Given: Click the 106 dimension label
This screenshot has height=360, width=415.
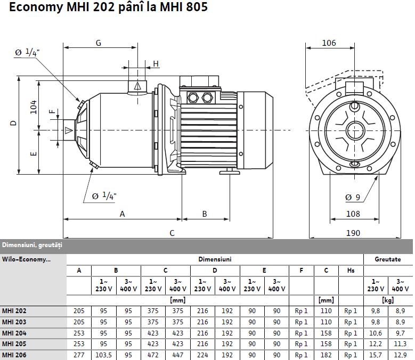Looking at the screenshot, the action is (329, 43).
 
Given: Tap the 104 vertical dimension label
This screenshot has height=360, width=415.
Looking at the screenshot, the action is (34, 107).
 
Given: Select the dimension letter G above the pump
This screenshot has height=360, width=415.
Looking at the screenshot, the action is (99, 43).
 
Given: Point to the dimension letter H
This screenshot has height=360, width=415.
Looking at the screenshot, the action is (156, 64).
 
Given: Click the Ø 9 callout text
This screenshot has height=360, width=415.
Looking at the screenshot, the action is (353, 198).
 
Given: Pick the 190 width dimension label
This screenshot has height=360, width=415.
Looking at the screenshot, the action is (353, 233).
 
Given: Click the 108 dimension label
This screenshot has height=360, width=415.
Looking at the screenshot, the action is (353, 214).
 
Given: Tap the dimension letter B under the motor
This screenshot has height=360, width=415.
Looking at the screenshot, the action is (205, 214).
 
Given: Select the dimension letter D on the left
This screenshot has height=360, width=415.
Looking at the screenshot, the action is (13, 123).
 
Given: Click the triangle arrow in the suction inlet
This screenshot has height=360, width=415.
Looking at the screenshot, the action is (69, 130).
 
